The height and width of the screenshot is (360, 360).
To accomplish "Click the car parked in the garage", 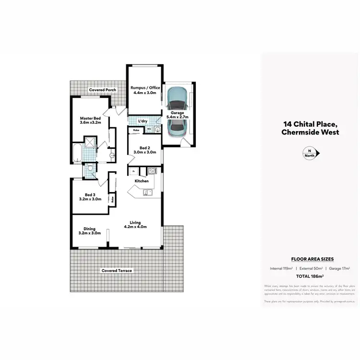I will click(177, 111).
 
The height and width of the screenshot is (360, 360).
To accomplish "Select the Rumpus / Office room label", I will click(145, 88).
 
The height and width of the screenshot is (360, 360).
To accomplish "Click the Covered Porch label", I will click(102, 90).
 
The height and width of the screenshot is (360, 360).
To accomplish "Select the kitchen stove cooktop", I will click(152, 170).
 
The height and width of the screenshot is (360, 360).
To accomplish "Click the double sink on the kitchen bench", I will click(147, 193).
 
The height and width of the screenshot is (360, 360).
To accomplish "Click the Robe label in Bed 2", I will click(136, 130).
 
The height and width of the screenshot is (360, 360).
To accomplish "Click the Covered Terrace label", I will click(116, 271).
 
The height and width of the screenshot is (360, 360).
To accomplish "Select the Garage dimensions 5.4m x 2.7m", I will click(177, 117).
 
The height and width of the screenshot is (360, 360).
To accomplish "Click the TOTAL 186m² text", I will click(309, 276).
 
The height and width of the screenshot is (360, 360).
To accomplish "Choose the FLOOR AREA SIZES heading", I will click(309, 259).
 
